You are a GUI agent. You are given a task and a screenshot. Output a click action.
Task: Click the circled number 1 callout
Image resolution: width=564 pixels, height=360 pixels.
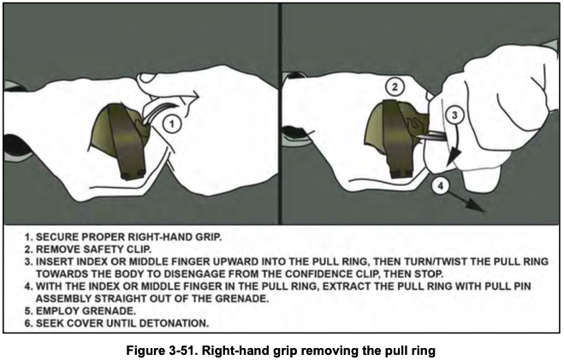click(x=172, y=124)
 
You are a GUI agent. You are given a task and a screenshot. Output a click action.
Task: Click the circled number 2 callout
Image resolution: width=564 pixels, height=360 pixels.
click(x=395, y=87)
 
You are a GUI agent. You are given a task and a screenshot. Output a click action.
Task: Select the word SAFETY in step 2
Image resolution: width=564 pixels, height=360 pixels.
click(x=93, y=247)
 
